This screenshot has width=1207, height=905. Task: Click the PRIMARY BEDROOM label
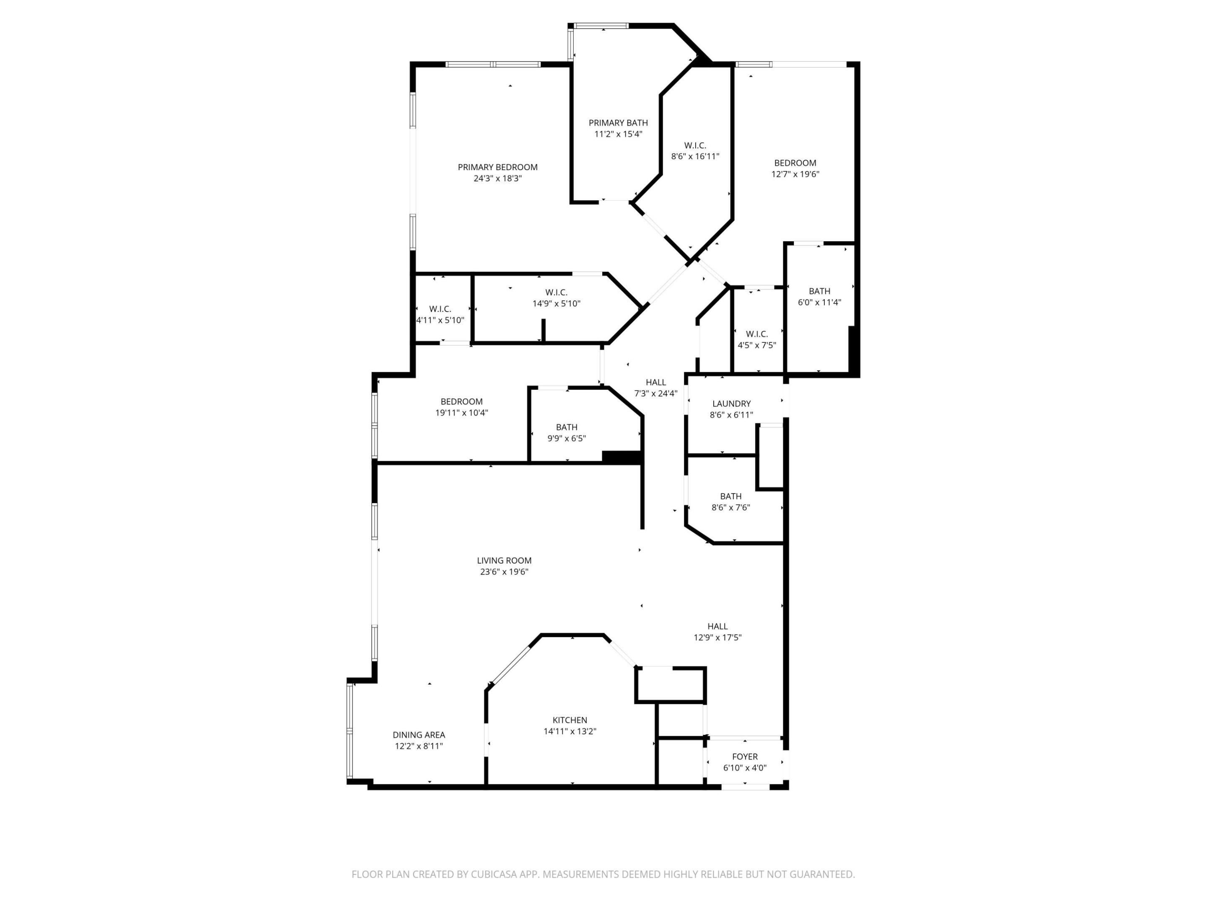[497, 167]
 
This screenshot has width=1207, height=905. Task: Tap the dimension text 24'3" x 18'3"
[497, 178]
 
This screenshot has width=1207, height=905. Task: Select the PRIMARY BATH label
[618, 123]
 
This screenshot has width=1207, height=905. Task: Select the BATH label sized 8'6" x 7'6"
[730, 496]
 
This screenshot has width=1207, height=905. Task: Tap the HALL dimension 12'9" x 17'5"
[717, 637]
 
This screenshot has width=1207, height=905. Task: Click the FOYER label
[744, 756]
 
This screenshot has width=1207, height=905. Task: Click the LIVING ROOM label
[504, 560]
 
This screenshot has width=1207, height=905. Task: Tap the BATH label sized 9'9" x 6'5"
[566, 427]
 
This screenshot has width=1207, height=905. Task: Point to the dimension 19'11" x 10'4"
[461, 413]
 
